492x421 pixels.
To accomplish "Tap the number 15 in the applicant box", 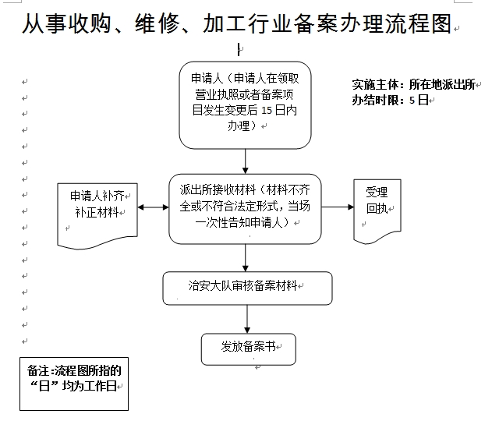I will (x=268, y=110).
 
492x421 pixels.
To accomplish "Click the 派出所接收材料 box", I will (x=246, y=207).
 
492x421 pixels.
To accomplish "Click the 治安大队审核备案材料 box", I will (x=246, y=288).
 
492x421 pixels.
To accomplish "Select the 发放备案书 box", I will (x=248, y=348).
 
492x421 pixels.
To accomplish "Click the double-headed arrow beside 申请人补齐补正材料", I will (x=153, y=207).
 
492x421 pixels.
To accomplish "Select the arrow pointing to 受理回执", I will (x=338, y=207).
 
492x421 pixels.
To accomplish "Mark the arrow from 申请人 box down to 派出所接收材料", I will (x=246, y=161).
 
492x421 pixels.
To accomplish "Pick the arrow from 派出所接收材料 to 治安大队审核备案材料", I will (x=246, y=256).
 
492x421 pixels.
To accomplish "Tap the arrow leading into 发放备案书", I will (x=247, y=319).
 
